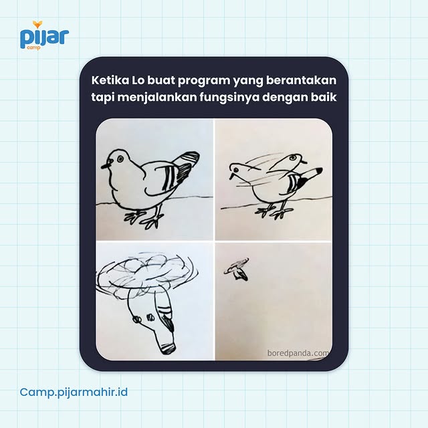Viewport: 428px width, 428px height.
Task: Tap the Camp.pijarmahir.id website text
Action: coord(74,391)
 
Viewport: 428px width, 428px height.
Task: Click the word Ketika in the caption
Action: coord(108,80)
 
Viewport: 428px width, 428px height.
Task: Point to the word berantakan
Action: coord(302,80)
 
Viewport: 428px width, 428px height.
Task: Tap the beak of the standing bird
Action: coord(104,164)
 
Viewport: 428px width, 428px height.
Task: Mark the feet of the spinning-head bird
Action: coord(274,211)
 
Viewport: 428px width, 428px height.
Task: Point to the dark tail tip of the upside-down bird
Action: coord(168,323)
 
